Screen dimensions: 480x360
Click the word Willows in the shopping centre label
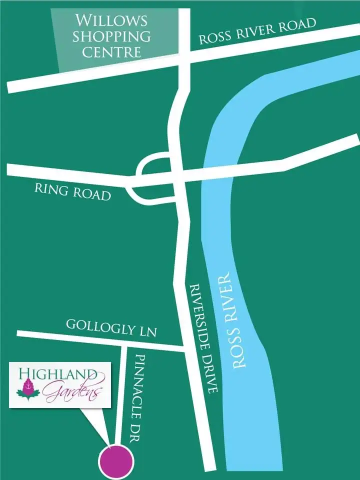tap(111, 21)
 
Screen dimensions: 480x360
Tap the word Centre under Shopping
tap(111, 52)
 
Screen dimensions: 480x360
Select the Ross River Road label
tap(258, 31)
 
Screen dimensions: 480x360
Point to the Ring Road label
tap(72, 191)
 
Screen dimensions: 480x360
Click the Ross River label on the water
tap(234, 320)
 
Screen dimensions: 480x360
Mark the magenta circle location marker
tap(116, 461)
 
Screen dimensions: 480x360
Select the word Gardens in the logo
tap(72, 392)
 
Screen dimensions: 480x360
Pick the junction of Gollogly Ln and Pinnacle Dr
tap(123, 341)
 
